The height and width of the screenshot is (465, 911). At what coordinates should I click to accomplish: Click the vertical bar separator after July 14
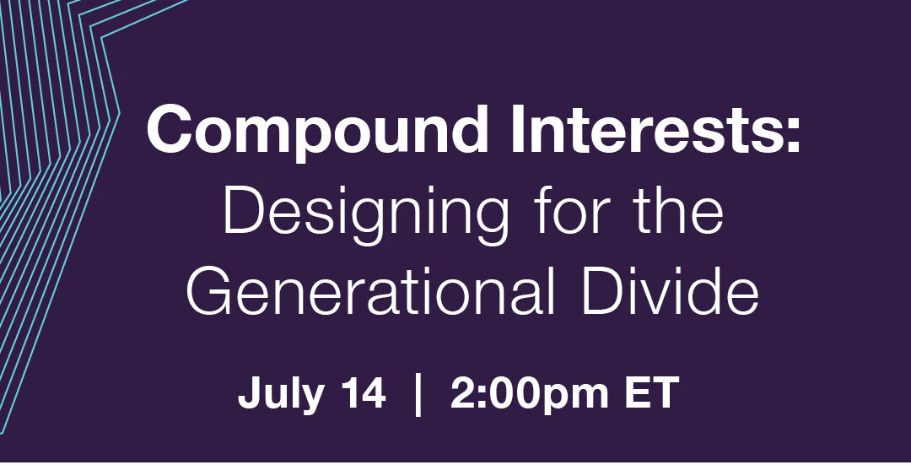pos(418,395)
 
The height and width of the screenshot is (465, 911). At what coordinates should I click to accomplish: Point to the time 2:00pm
pos(530,396)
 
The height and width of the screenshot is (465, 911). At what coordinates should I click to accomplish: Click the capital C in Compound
pos(170,129)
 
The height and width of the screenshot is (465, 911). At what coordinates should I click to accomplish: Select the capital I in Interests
pos(515,129)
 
